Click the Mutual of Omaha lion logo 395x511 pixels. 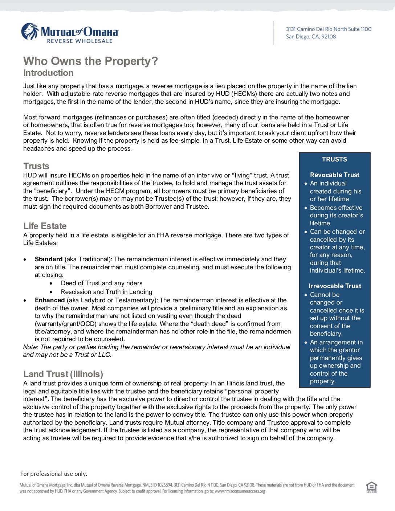[30, 32]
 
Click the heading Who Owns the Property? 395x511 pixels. [90, 61]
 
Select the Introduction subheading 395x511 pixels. [48, 73]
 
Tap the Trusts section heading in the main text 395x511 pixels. [36, 166]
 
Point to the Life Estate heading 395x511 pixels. [45, 226]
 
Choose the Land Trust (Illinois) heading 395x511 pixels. [63, 374]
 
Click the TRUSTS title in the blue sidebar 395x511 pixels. [334, 159]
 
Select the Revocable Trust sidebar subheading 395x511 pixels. [334, 175]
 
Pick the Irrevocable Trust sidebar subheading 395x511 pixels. [335, 286]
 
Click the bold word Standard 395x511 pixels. [49, 259]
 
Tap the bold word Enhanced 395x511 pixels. [50, 300]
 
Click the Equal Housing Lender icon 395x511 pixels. [371, 487]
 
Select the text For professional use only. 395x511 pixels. [54, 474]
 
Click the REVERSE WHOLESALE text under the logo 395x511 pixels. [80, 41]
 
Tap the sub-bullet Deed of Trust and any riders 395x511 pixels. [102, 283]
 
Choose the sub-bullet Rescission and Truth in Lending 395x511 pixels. [106, 292]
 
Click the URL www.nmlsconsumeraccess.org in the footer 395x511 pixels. [240, 491]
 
